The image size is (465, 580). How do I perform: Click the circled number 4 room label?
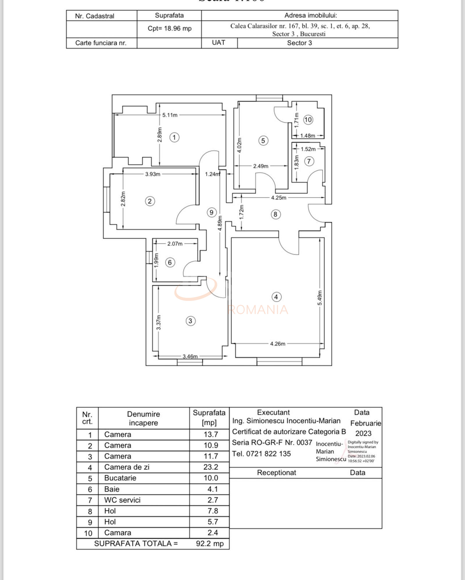(276, 297)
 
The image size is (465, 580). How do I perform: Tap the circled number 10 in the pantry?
(308, 120)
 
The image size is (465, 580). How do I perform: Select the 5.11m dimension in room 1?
(170, 115)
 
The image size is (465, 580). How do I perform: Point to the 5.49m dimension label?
(320, 298)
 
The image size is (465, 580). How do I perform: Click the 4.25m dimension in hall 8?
(278, 198)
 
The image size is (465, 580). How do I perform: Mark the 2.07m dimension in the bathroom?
(175, 244)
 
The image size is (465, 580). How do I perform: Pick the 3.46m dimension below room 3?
(190, 356)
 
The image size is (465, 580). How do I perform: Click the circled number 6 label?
(170, 263)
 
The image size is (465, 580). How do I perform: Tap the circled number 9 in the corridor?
(212, 212)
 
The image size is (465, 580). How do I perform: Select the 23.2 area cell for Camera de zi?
(211, 467)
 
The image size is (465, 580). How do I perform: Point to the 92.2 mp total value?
(210, 544)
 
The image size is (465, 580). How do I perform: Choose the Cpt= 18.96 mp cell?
(169, 29)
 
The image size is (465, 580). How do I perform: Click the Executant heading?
(273, 412)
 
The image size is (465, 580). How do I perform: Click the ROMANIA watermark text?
(257, 310)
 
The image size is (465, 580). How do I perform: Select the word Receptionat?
(276, 473)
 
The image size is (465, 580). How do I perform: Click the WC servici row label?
(122, 500)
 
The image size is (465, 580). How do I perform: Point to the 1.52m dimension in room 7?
(308, 149)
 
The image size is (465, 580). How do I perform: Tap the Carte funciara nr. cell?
(101, 43)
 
